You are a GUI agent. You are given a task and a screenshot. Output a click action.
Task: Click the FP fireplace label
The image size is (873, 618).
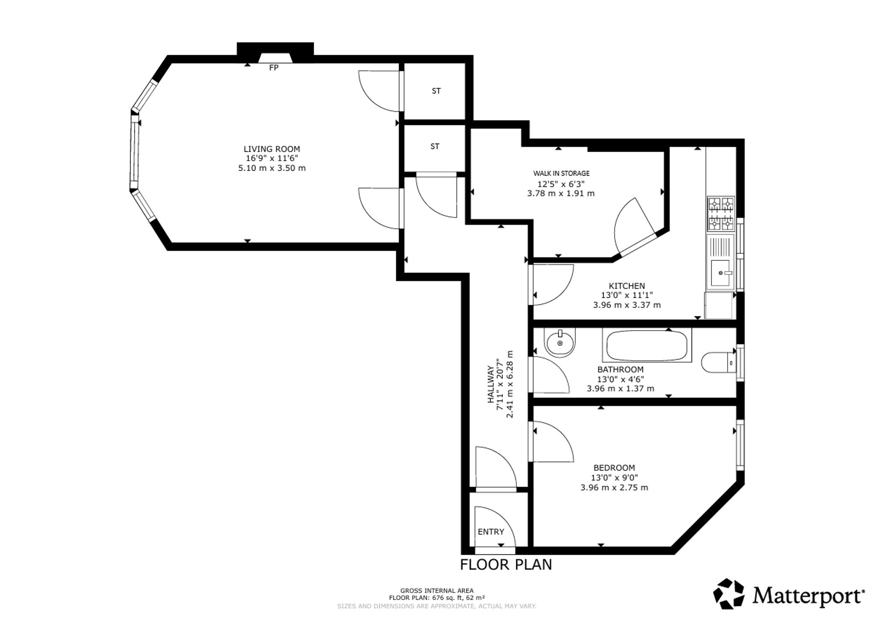tap(274, 68)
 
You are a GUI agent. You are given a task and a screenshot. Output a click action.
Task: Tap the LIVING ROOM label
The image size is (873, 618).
tap(272, 149)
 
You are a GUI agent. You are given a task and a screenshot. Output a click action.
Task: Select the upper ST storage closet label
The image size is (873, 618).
tap(436, 91)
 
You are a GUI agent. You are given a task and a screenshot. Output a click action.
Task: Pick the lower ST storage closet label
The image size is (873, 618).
tap(435, 146)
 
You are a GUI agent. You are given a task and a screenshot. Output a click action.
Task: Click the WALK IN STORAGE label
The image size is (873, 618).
tap(561, 173)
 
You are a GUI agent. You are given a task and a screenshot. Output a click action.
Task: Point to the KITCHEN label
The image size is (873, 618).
tap(627, 286)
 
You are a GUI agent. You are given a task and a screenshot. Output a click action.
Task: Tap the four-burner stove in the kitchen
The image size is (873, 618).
tap(721, 214)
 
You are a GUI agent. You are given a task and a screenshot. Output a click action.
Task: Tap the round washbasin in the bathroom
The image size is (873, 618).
tap(560, 342)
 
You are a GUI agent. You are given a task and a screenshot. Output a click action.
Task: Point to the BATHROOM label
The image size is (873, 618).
tap(620, 369)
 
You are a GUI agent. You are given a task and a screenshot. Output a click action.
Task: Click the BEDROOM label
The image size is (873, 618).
tap(614, 468)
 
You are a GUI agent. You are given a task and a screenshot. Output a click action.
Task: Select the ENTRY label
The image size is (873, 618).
tap(491, 532)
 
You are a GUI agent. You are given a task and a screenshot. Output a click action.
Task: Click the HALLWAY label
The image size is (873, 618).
tap(490, 385)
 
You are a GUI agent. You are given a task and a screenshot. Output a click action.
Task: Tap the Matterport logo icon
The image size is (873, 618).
tap(729, 594)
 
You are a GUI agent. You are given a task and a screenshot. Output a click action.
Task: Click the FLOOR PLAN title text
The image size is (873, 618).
tap(506, 565)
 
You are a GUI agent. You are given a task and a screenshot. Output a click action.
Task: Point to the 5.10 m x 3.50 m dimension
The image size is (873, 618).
tap(272, 168)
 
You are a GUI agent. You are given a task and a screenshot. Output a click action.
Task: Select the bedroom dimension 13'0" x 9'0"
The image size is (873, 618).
tap(614, 478)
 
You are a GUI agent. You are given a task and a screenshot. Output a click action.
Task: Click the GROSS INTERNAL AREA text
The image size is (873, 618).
tap(437, 591)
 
